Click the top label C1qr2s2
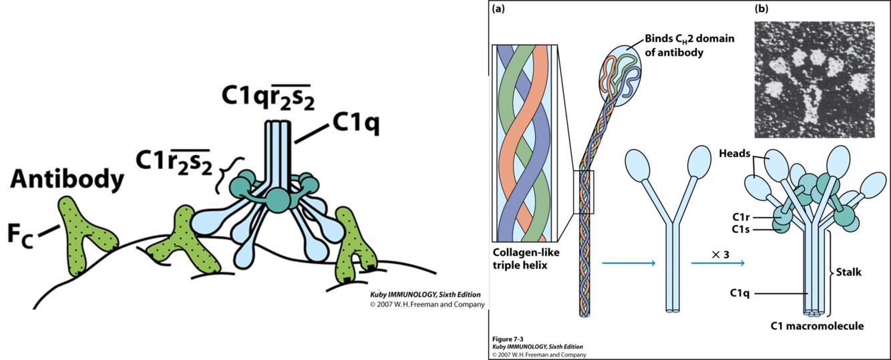(x=269, y=98)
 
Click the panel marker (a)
(x=498, y=9)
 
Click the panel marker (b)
(x=761, y=9)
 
